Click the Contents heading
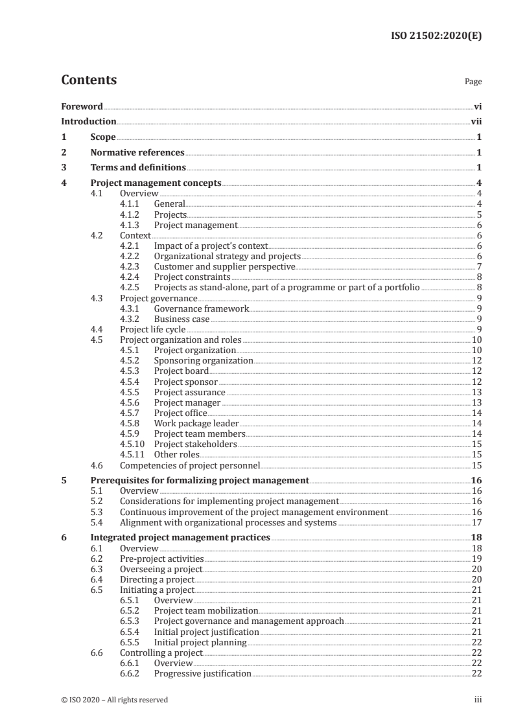(89, 80)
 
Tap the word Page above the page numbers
(473, 82)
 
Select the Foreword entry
(82, 106)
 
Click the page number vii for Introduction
(476, 121)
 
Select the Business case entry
(181, 319)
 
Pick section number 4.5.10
(132, 444)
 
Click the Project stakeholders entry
(195, 444)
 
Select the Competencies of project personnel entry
(189, 465)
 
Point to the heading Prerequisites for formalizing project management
(199, 480)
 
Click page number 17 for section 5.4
(476, 522)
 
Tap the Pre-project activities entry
(161, 559)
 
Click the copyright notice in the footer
(114, 700)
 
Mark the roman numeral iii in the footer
(478, 700)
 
